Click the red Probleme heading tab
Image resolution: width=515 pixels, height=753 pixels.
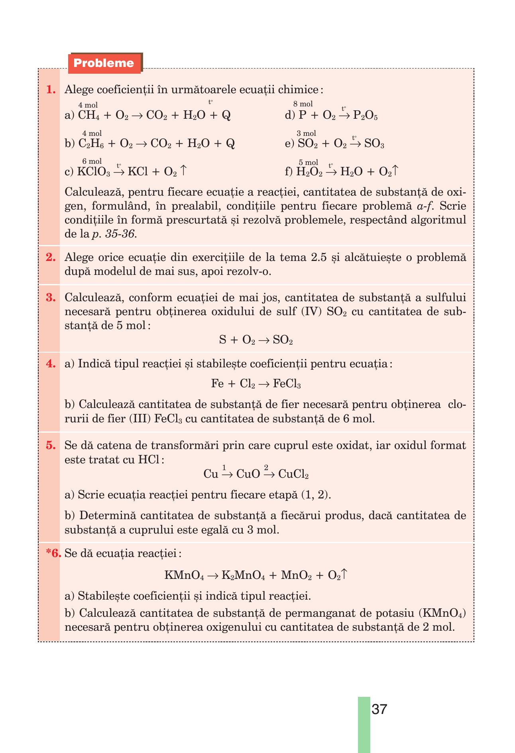pyautogui.click(x=104, y=63)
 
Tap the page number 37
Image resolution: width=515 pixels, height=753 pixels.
pyautogui.click(x=379, y=709)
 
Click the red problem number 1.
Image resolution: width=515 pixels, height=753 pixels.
pyautogui.click(x=51, y=90)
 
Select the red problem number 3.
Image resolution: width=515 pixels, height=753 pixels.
pyautogui.click(x=51, y=298)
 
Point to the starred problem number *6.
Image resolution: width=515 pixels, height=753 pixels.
pyautogui.click(x=53, y=553)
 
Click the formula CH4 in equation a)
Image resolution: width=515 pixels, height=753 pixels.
pyautogui.click(x=88, y=116)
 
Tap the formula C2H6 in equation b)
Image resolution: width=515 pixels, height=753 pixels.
pyautogui.click(x=91, y=144)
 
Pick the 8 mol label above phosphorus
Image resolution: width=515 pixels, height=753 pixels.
pyautogui.click(x=303, y=104)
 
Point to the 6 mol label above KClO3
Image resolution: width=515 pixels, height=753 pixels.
pyautogui.click(x=92, y=161)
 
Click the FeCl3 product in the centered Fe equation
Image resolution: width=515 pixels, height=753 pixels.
pyautogui.click(x=287, y=384)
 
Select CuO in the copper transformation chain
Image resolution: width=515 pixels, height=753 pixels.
pyautogui.click(x=248, y=474)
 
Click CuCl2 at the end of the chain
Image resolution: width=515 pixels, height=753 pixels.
pyautogui.click(x=294, y=474)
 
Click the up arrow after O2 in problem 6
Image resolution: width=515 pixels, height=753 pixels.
pyautogui.click(x=345, y=575)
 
